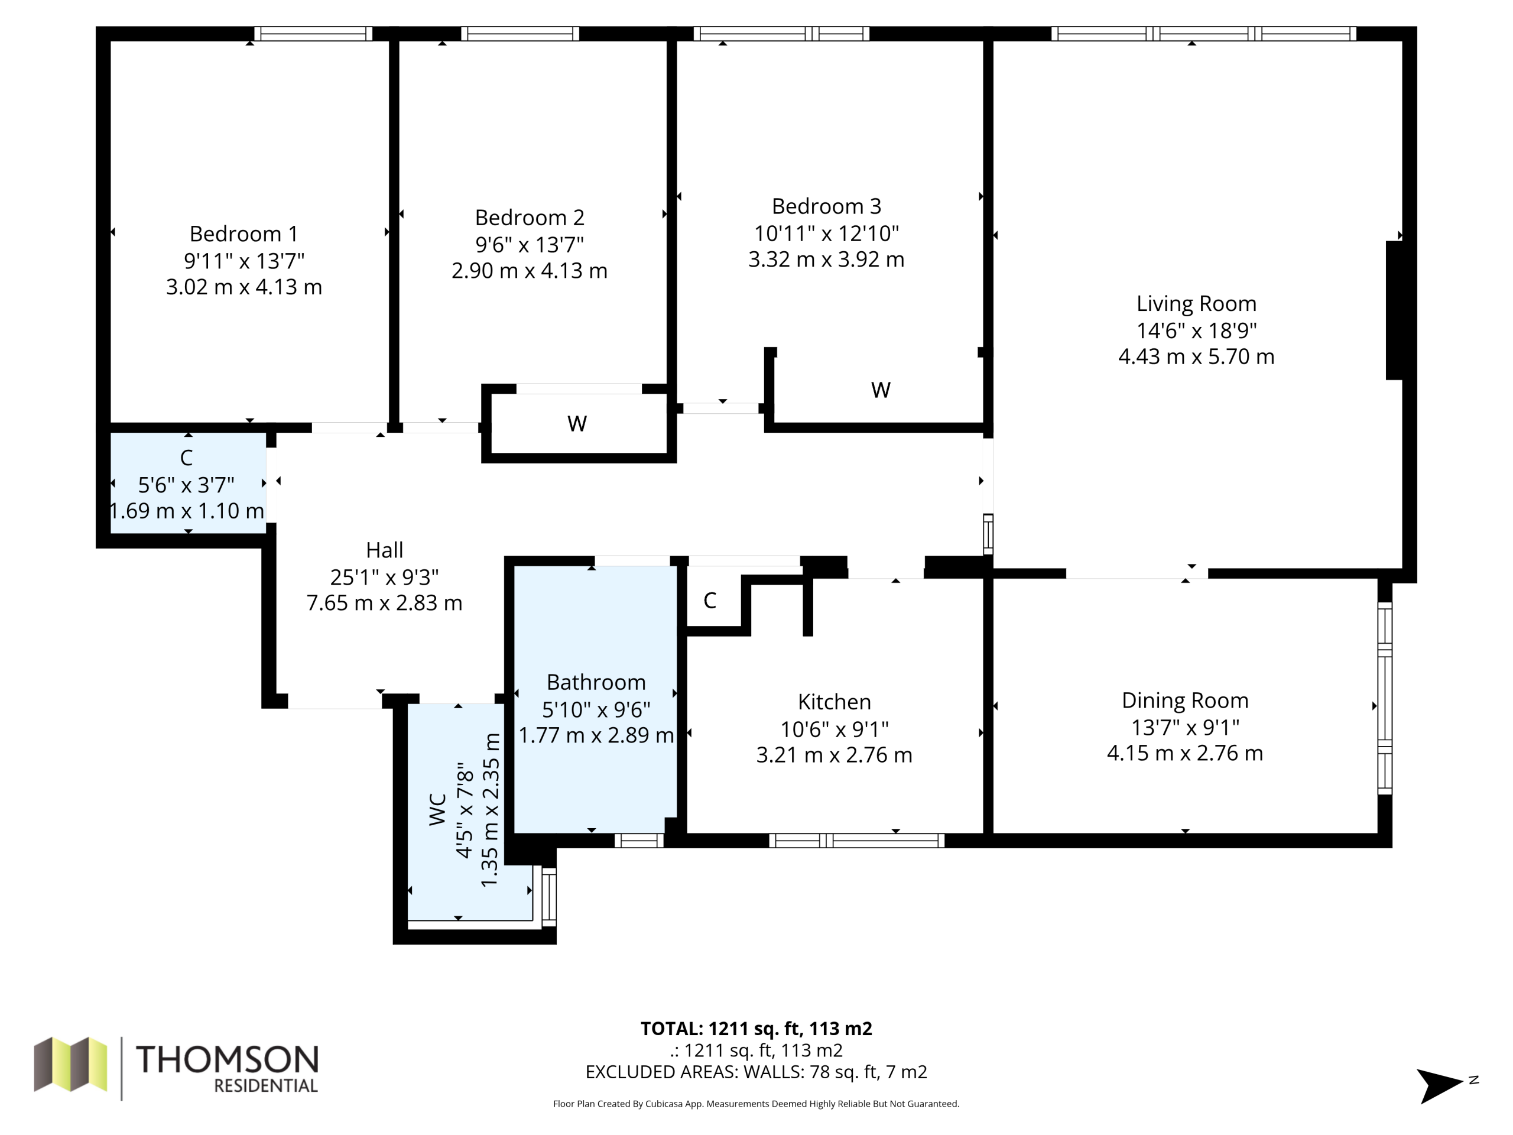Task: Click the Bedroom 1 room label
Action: [x=244, y=234]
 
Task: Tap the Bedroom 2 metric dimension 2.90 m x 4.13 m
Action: [x=530, y=271]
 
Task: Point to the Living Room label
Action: [x=1196, y=304]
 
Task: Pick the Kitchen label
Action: [x=835, y=702]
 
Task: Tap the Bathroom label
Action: [x=596, y=682]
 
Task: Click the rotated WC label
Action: [x=438, y=809]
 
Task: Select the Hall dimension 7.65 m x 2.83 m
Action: [x=384, y=603]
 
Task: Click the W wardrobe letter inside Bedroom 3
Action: [x=880, y=390]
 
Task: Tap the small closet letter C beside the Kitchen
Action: [x=710, y=601]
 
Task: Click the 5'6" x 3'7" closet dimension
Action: [x=186, y=485]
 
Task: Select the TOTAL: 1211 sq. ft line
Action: [x=756, y=1028]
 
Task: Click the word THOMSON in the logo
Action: [x=227, y=1059]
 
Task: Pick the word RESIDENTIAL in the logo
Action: [x=266, y=1086]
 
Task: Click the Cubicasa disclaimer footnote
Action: [x=756, y=1104]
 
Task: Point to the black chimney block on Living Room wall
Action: [x=1394, y=310]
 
